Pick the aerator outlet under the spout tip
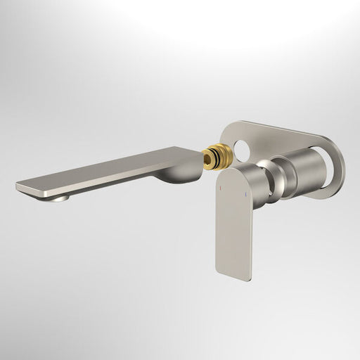pos(58,198)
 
